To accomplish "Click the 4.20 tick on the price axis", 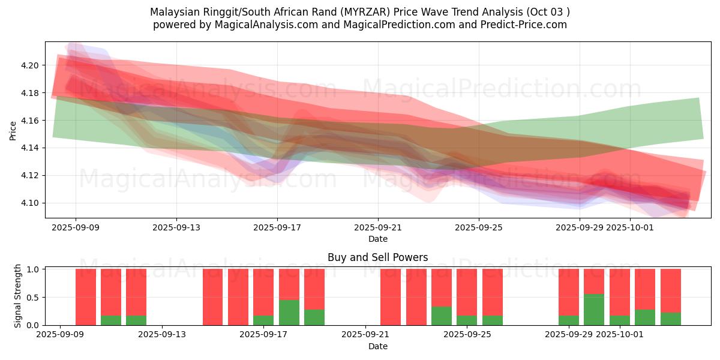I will tap(31, 65).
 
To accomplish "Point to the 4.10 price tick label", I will tap(31, 203).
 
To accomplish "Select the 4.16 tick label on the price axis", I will tap(31, 121).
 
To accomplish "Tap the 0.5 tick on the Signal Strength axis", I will tap(34, 297).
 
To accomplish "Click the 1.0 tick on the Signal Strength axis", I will tap(34, 269).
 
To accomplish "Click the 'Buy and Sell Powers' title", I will tap(377, 257).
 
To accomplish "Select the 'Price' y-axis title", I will tap(13, 130).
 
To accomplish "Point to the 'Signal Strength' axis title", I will tap(18, 296).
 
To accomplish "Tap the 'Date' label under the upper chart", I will tap(377, 239).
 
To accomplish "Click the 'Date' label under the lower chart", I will tap(377, 346).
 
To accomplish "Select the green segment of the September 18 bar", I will tap(289, 313).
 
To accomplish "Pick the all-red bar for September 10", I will tap(86, 297).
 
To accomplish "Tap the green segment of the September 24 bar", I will tap(442, 316).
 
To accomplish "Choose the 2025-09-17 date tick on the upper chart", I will tap(277, 227).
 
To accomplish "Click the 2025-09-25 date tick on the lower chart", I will tap(466, 335).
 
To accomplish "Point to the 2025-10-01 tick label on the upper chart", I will tap(630, 227).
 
